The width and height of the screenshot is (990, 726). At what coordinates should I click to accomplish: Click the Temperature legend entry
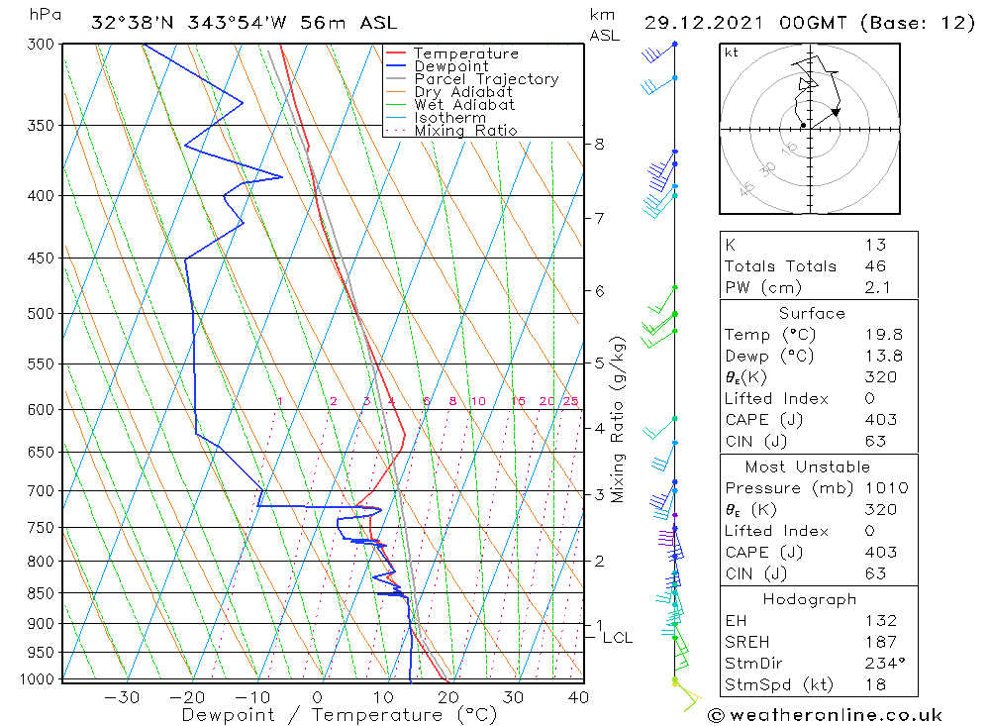[465, 53]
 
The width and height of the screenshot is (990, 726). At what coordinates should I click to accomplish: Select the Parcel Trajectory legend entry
[486, 79]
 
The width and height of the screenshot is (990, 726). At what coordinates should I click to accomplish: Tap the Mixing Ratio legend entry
[465, 131]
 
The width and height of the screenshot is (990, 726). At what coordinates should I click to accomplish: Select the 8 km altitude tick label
[599, 144]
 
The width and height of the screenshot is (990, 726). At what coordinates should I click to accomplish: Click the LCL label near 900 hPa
[618, 638]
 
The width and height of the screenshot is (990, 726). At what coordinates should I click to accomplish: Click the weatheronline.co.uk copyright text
[825, 715]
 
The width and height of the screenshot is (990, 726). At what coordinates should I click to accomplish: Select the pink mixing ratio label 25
[570, 401]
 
